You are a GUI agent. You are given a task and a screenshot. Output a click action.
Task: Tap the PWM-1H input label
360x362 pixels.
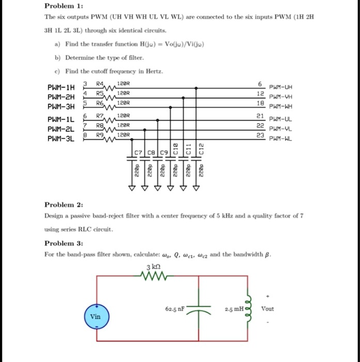point(61,87)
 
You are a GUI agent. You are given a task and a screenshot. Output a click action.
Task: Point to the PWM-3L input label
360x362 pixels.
point(61,139)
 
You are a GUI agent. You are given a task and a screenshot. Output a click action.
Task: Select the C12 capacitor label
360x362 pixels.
point(201,148)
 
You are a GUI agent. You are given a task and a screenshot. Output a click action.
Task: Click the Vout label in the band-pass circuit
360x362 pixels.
point(267,309)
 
